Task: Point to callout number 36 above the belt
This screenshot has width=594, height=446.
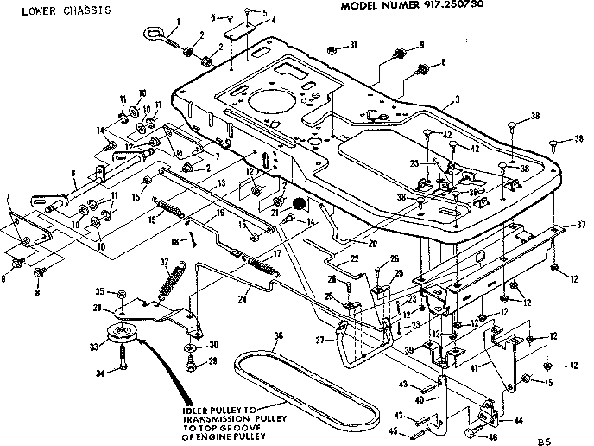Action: tap(278, 336)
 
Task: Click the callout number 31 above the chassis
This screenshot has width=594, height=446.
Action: tap(353, 45)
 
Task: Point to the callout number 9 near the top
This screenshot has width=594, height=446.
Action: tap(421, 44)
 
